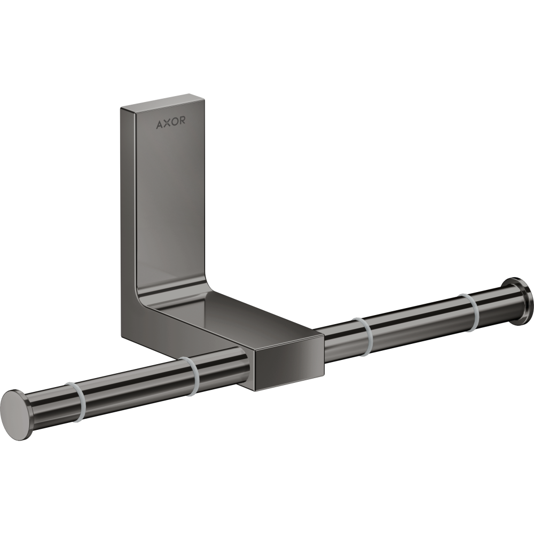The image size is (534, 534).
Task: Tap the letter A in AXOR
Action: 159,125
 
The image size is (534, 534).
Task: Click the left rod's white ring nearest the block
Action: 190,376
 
